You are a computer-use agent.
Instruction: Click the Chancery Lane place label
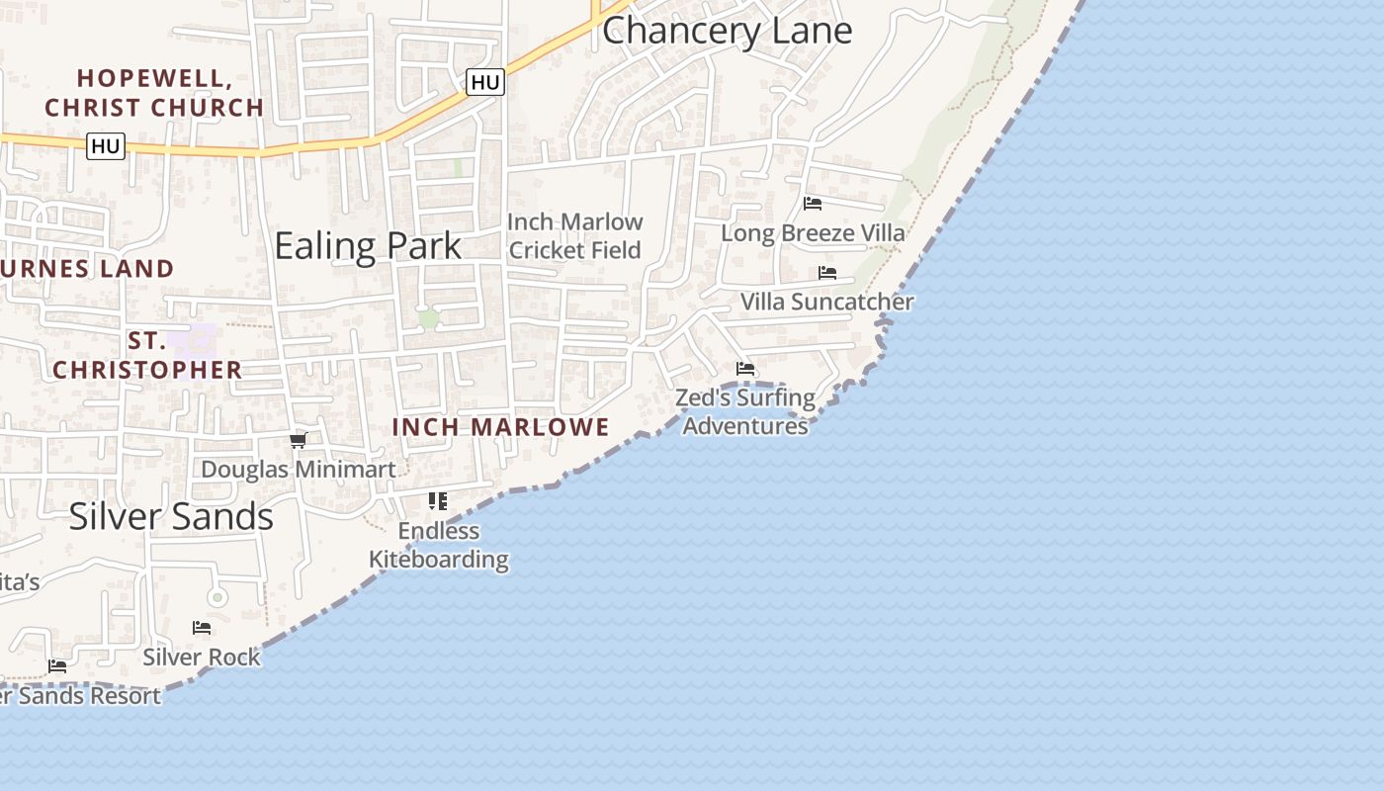coord(727,31)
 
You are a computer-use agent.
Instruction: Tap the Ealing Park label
coord(368,246)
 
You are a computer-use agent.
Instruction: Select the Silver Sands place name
coord(171,516)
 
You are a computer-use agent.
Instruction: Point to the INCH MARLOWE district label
coord(501,427)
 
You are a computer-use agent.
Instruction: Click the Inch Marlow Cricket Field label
coord(575,235)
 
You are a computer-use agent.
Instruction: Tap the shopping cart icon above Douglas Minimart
coord(299,440)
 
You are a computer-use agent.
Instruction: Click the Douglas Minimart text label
coord(299,469)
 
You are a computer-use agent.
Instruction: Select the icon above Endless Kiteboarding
coord(438,501)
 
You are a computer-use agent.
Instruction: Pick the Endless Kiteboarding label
coord(439,545)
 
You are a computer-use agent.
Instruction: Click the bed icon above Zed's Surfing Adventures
coord(745,369)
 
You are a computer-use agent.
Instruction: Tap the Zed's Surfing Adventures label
coord(745,411)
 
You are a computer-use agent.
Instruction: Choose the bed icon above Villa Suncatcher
coord(827,273)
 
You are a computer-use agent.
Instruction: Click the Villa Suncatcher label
coord(826,302)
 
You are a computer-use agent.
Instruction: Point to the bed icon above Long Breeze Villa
coord(813,204)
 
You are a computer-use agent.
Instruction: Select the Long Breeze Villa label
coord(813,233)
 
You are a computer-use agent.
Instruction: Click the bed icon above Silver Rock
coord(202,628)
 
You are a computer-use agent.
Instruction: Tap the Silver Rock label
coord(202,657)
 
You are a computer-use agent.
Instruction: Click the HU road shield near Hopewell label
coord(105,147)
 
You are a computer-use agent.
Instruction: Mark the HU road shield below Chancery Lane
coord(485,82)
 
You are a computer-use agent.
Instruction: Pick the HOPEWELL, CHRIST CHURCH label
coord(154,92)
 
